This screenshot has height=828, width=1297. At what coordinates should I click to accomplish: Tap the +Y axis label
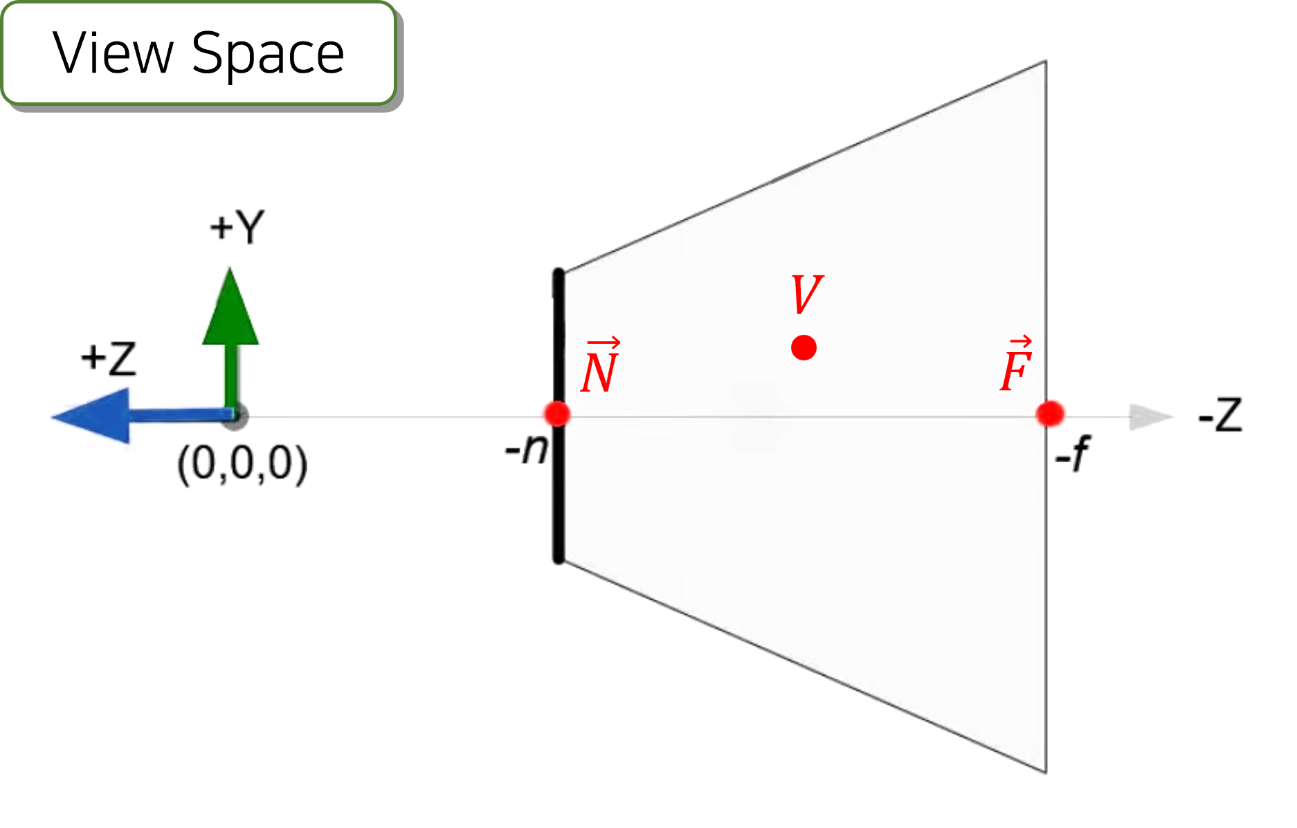238,226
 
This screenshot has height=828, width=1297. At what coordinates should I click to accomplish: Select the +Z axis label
109,358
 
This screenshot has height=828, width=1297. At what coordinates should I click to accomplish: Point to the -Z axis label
1221,414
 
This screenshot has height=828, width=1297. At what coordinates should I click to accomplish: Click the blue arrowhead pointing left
90,415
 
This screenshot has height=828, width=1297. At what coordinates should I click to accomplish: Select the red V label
806,295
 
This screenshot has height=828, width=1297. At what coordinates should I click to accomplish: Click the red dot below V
804,347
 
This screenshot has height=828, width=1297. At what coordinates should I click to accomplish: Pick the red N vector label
599,367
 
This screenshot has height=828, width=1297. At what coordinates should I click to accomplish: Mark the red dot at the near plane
556,414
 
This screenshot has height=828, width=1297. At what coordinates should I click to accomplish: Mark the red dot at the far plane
1050,414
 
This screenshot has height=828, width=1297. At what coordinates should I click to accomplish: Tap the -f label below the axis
1072,453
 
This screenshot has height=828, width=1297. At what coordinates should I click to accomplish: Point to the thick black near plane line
558,498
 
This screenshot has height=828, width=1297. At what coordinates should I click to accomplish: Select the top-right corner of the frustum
1045,61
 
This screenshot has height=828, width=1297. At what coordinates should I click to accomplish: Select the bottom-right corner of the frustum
1045,772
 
